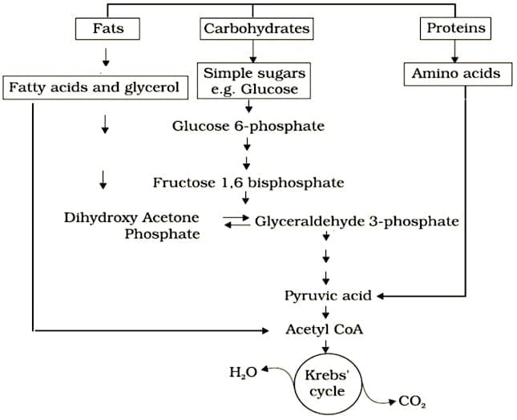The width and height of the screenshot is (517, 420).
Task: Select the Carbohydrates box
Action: click(x=256, y=29)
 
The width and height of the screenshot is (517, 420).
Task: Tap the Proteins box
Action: click(x=455, y=29)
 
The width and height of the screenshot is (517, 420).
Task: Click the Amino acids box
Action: click(x=455, y=74)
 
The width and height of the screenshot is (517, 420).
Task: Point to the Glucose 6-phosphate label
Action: click(x=248, y=126)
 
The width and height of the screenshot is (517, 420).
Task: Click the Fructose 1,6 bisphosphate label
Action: click(x=248, y=183)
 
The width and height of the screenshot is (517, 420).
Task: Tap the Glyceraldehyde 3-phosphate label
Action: click(x=356, y=221)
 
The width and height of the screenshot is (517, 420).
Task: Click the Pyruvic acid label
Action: click(x=327, y=295)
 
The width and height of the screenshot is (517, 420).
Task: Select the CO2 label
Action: click(x=413, y=402)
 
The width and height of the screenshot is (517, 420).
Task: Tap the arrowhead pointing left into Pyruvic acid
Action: click(x=381, y=295)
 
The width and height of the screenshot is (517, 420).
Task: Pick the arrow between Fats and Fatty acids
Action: click(x=105, y=59)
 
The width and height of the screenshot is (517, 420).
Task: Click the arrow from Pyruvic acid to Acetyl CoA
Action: click(x=326, y=313)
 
